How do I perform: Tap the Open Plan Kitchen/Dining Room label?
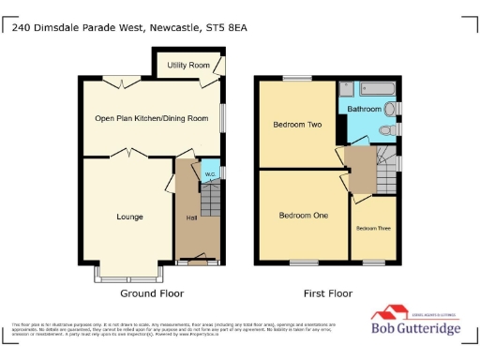[151, 118]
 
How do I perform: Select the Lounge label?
[129, 217]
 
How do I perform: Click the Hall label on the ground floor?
[191, 218]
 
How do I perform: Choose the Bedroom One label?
[304, 216]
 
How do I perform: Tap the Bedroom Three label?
[372, 228]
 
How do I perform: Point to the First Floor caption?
[327, 293]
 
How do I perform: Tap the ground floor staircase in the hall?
[211, 201]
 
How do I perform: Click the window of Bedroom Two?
[297, 78]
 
